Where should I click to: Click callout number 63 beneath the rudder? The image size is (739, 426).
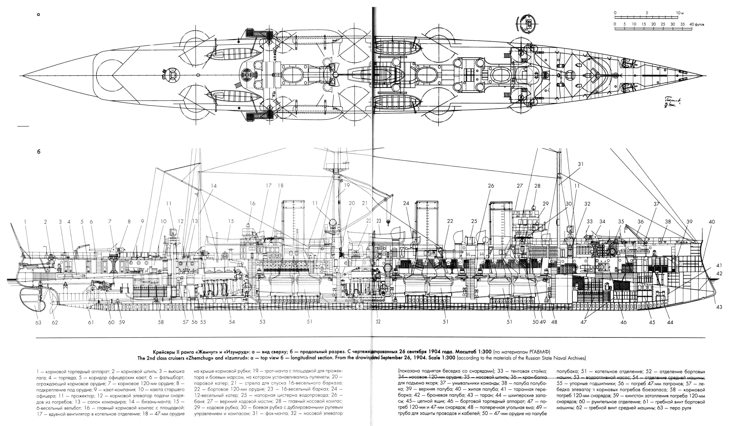tap(38, 322)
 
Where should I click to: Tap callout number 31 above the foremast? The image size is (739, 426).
tap(580, 164)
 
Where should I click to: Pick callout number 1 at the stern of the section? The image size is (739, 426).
tap(25, 222)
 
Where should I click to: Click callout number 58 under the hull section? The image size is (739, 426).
tap(161, 322)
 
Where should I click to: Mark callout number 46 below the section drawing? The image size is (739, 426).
tap(624, 322)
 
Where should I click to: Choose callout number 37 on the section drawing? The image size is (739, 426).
tap(657, 204)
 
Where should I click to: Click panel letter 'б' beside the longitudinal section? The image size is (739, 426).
tap(38, 152)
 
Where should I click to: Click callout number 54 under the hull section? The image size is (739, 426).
tap(232, 322)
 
